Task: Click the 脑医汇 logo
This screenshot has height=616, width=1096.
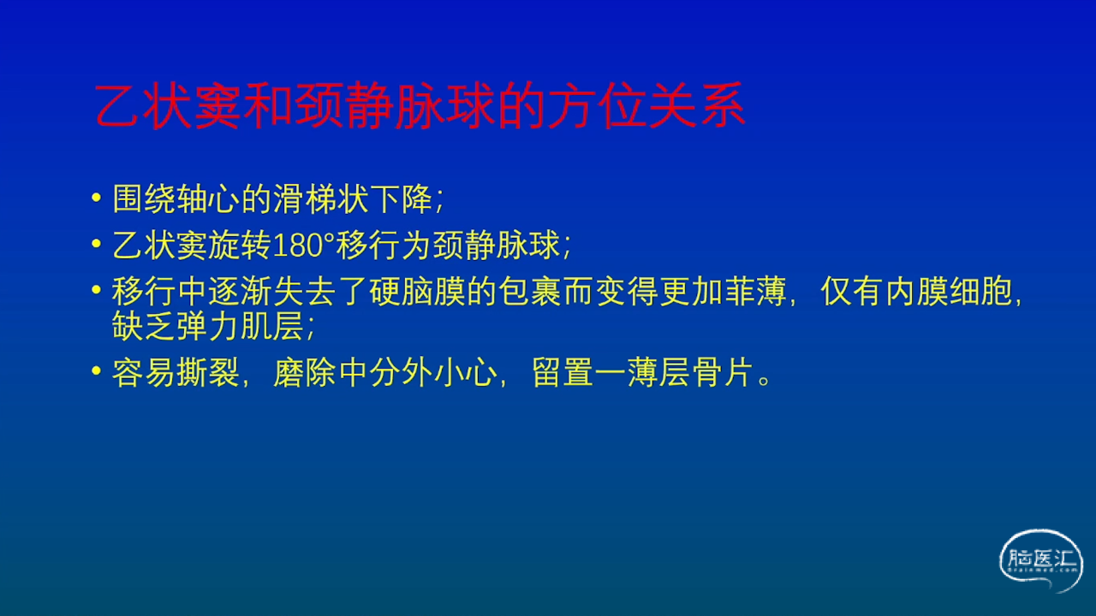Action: click(x=1040, y=560)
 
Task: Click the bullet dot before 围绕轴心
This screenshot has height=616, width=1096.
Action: click(x=97, y=198)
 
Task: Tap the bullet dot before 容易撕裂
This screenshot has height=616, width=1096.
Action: click(x=97, y=371)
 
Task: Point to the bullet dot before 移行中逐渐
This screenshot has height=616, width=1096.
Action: click(x=97, y=290)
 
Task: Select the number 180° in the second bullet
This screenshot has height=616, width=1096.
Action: click(x=303, y=246)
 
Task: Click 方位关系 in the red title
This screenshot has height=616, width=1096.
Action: click(x=646, y=106)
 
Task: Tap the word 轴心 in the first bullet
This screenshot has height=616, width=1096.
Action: click(x=209, y=199)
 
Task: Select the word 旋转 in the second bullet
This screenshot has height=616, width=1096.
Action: click(x=240, y=246)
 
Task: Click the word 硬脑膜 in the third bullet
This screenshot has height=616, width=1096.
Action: click(x=417, y=292)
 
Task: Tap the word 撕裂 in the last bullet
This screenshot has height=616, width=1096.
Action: click(x=208, y=372)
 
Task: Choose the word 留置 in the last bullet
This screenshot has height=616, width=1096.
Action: click(x=563, y=372)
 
